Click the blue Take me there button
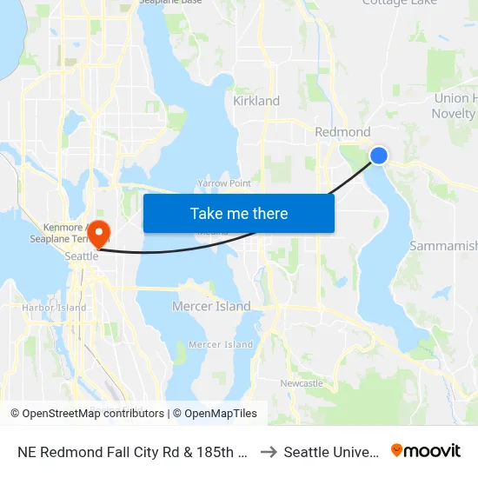point(239,213)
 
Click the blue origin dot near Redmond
point(379,156)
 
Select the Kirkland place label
point(256,101)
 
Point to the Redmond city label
point(342,132)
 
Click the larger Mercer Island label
point(211,307)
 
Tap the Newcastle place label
point(302,383)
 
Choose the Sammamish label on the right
point(443,246)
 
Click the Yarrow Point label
point(223,183)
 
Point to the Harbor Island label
point(54,308)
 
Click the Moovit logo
point(426,450)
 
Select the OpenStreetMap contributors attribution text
point(87,414)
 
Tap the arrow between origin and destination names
point(268,452)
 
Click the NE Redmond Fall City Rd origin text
point(135,452)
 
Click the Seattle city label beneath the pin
point(83,257)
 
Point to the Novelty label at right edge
point(455,114)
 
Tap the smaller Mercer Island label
point(221,345)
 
